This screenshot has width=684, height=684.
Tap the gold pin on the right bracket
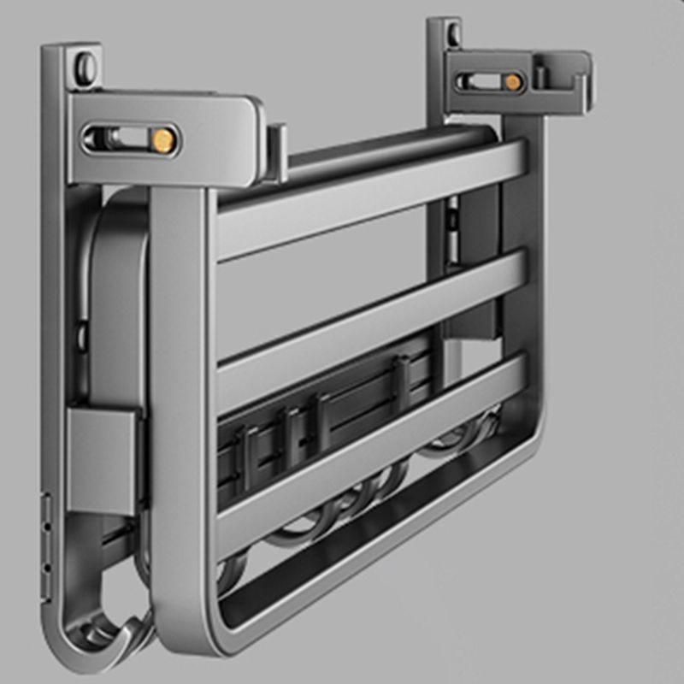pyautogui.click(x=511, y=82)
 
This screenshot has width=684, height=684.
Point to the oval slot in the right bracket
pyautogui.click(x=478, y=82)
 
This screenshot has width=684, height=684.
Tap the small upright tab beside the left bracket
pyautogui.click(x=276, y=152)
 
